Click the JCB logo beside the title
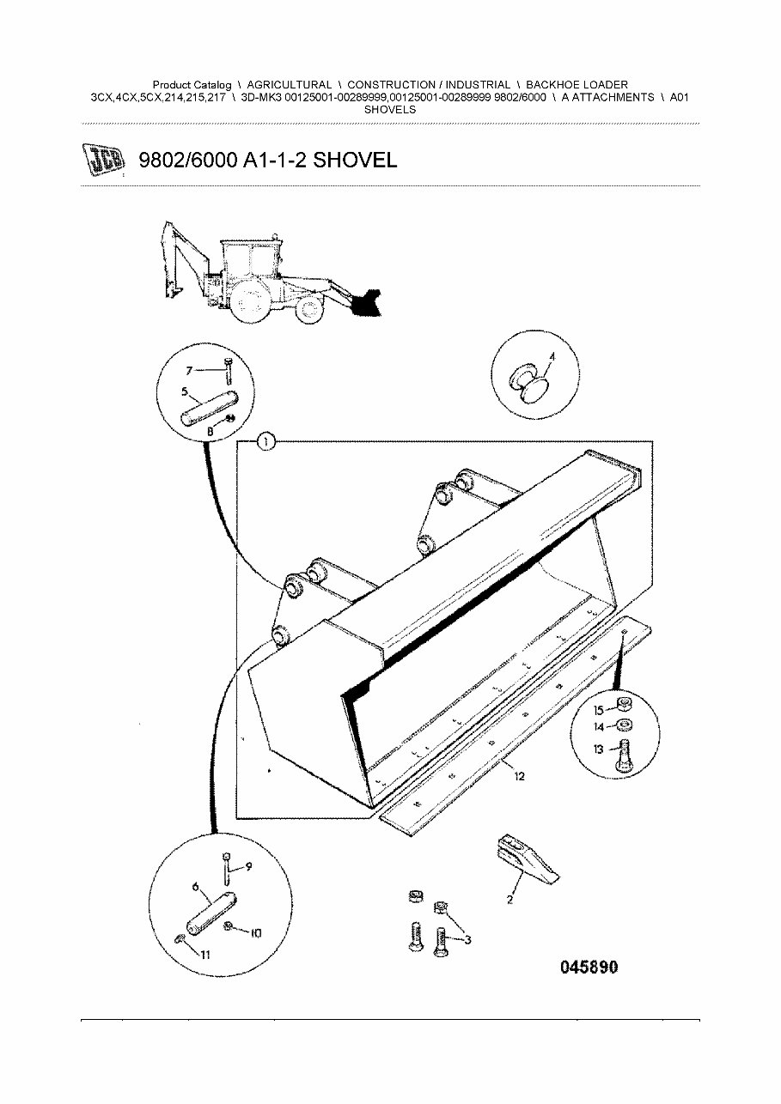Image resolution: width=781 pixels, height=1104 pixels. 102,160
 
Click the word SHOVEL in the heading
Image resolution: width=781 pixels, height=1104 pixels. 355,160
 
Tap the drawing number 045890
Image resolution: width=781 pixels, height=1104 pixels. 589,968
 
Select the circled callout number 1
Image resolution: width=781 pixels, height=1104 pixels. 266,442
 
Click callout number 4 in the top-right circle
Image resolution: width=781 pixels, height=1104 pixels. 552,355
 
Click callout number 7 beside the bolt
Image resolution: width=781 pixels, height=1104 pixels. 192,370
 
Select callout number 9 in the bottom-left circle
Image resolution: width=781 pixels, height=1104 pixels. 248,866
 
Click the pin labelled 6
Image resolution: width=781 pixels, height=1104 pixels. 255,932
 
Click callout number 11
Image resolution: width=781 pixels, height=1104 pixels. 520,777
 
